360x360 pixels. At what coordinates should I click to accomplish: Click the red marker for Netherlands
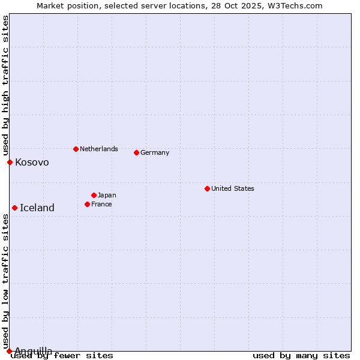click(76, 149)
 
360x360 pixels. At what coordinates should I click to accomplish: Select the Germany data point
click(136, 152)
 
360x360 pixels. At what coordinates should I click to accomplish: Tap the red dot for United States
click(207, 188)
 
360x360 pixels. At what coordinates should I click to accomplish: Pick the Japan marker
click(94, 195)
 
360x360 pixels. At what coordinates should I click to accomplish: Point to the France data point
click(87, 204)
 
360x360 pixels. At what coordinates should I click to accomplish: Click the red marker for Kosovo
click(10, 162)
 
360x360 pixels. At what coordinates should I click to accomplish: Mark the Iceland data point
click(14, 208)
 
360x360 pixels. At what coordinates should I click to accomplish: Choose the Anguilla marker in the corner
click(9, 351)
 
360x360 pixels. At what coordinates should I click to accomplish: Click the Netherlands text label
click(98, 149)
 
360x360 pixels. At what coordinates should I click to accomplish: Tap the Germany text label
click(155, 152)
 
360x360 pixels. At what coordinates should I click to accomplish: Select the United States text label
click(232, 188)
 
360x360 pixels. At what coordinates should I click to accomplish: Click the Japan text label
click(107, 195)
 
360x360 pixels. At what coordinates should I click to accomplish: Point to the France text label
click(101, 204)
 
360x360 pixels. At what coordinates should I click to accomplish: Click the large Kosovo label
click(32, 162)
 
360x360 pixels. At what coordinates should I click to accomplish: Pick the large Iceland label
click(37, 208)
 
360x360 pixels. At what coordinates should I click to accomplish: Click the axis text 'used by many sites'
click(301, 355)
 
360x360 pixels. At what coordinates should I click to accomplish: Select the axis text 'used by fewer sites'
click(62, 355)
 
